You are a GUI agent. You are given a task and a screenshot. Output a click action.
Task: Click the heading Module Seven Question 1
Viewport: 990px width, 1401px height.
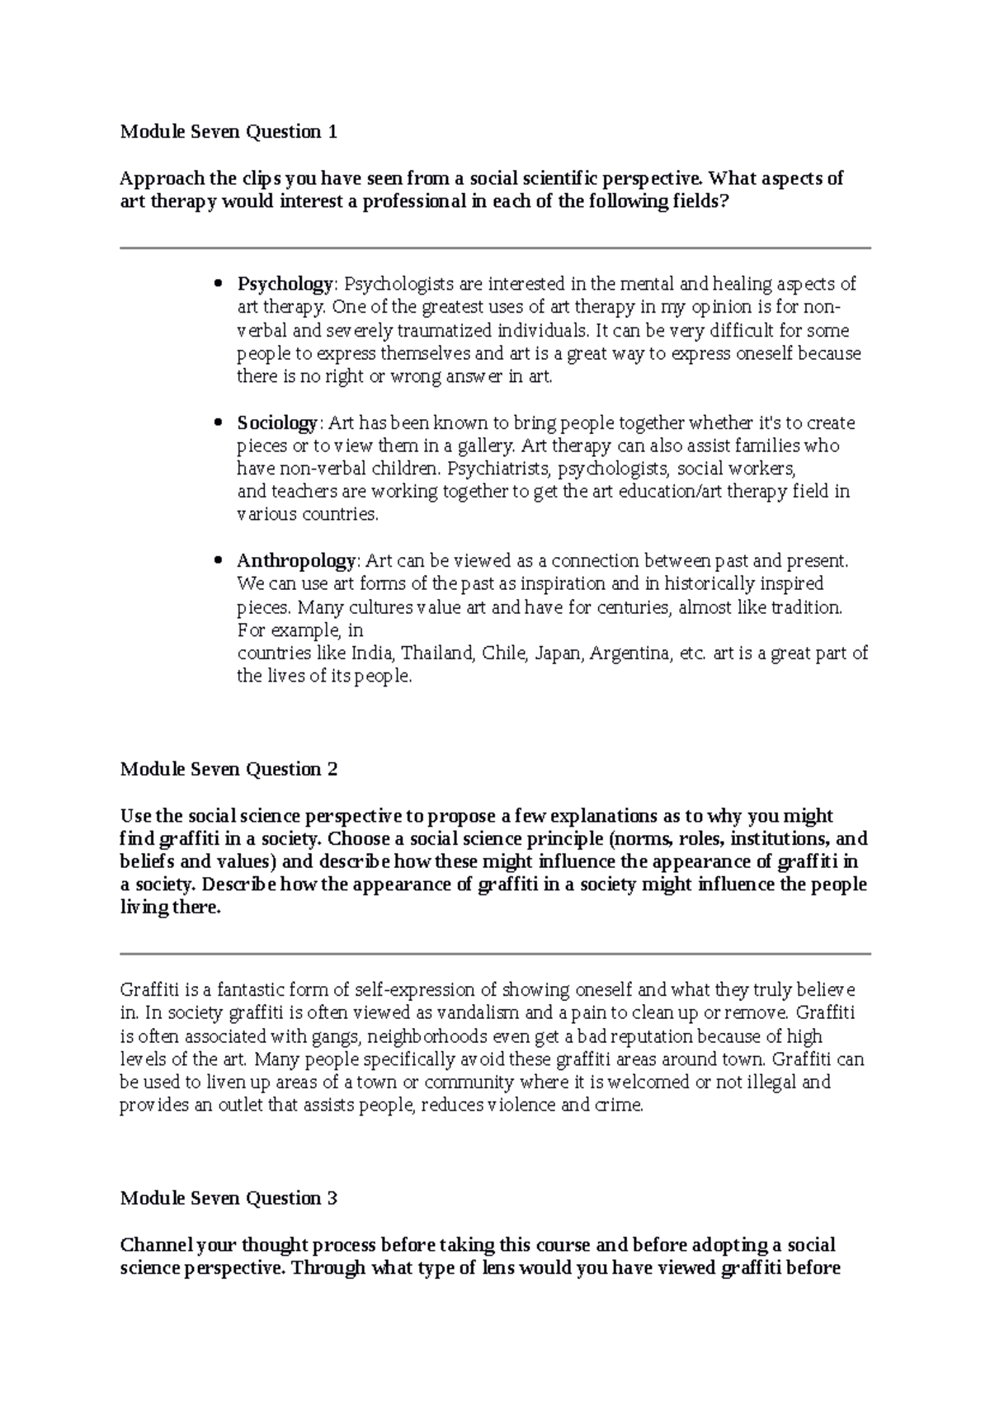coord(229,131)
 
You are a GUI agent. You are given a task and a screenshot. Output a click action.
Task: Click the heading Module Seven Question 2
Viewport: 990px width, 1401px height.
coord(229,769)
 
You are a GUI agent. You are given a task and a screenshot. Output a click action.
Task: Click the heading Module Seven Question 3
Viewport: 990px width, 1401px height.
coord(229,1198)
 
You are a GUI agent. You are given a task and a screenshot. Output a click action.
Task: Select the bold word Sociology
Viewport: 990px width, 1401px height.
coord(276,423)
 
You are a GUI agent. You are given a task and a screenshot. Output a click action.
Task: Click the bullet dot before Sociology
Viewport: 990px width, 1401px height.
coord(219,423)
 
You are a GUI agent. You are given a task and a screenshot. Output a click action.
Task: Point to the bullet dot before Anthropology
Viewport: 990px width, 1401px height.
coord(219,561)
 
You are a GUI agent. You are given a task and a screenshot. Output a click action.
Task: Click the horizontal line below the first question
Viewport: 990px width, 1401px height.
coord(495,248)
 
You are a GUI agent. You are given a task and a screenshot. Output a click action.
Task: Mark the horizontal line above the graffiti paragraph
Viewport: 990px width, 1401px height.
coord(495,954)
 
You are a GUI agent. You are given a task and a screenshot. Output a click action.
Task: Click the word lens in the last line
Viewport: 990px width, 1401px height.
coord(497,1268)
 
